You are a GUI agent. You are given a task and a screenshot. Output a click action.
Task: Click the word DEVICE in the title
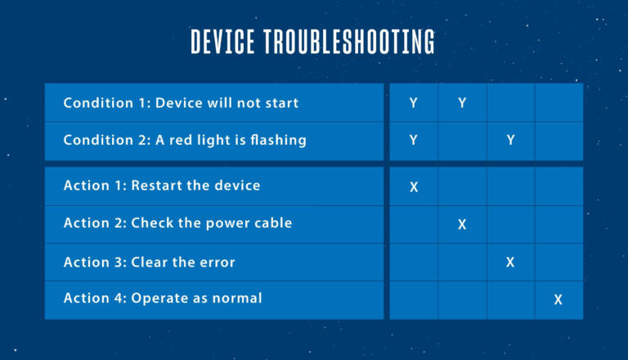click(x=222, y=41)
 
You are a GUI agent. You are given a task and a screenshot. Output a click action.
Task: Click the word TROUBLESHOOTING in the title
click(x=349, y=41)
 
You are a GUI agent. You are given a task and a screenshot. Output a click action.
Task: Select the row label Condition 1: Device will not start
click(x=181, y=103)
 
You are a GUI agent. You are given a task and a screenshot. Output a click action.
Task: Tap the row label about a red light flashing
click(x=185, y=140)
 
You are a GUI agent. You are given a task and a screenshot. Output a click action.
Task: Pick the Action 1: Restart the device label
click(x=162, y=186)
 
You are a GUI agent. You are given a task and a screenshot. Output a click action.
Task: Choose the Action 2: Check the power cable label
click(x=177, y=223)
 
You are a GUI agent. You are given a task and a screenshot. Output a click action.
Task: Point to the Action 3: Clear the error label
click(x=150, y=262)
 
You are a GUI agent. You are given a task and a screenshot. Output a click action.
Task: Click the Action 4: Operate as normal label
click(x=163, y=299)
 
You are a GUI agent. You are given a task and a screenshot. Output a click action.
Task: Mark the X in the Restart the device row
click(x=414, y=187)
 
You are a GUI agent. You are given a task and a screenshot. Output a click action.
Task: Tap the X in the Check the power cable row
click(x=462, y=224)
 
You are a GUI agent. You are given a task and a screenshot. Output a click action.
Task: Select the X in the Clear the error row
click(x=510, y=262)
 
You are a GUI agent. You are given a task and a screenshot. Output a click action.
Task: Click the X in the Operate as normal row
click(x=558, y=299)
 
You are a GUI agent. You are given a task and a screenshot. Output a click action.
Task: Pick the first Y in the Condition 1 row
click(x=414, y=103)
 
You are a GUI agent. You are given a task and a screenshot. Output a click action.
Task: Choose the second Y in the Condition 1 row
click(x=462, y=103)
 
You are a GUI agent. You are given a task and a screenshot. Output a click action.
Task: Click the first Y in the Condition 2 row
click(x=414, y=140)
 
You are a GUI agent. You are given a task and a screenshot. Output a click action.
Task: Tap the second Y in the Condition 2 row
click(x=510, y=140)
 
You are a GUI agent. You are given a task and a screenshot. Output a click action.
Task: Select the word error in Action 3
click(x=218, y=263)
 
